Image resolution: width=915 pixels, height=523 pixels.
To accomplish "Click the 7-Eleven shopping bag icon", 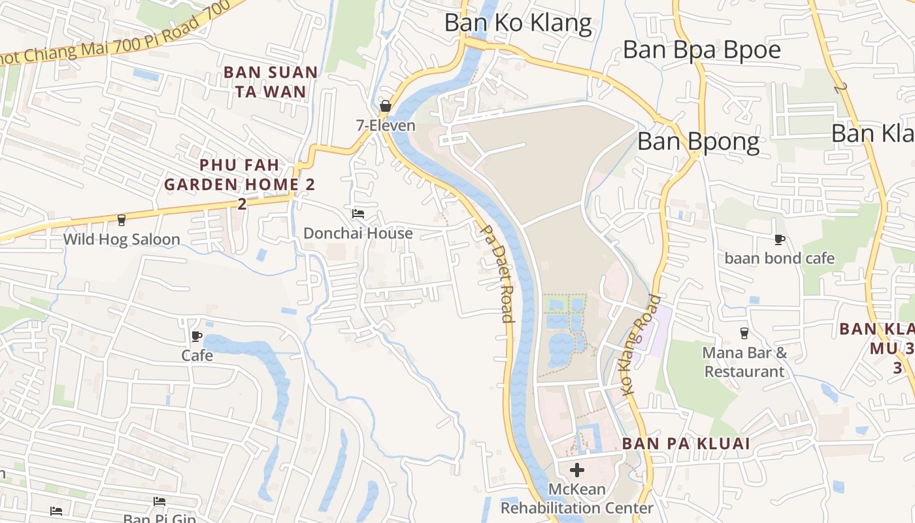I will (x=386, y=106).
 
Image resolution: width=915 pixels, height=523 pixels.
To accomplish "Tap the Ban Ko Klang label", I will (x=518, y=23).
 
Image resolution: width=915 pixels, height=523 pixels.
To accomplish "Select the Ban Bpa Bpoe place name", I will (x=701, y=50).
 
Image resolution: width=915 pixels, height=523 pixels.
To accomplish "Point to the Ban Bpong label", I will (x=698, y=142).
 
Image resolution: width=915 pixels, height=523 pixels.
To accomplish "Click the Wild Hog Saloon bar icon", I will (x=121, y=220).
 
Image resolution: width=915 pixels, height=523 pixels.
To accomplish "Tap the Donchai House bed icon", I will (x=358, y=214).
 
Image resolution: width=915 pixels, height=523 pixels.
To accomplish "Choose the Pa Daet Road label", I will (x=497, y=273).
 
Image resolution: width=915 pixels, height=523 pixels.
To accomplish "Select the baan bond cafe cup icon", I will (x=779, y=239).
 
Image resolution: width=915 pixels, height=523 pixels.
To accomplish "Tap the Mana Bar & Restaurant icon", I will (x=744, y=333).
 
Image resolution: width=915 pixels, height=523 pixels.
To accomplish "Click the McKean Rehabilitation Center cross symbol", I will (x=577, y=469).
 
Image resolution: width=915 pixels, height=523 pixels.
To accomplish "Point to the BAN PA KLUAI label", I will (x=686, y=443).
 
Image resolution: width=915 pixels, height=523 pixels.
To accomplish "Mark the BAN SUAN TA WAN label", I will (x=271, y=82).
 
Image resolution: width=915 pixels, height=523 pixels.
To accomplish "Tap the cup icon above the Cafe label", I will (x=197, y=337).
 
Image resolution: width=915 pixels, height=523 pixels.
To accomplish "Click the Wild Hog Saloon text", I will (x=122, y=239).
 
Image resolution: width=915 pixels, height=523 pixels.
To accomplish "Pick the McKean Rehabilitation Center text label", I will (x=576, y=499).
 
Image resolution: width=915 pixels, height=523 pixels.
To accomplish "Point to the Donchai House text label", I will (x=358, y=233).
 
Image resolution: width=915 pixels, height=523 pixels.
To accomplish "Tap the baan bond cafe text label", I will (x=779, y=258).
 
